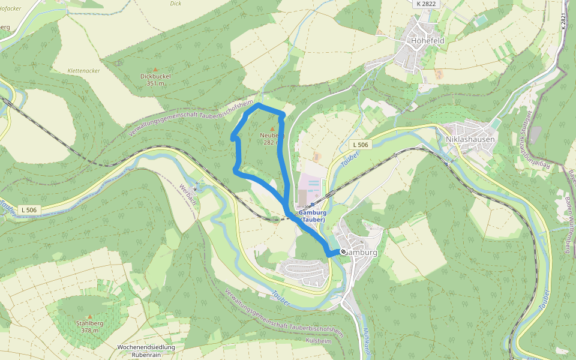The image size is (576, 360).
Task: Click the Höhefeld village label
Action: tap(428, 41)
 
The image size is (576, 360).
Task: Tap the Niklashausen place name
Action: tap(471, 139)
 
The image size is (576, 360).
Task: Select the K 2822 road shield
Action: tap(426, 4)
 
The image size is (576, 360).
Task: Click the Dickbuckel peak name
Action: tap(155, 77)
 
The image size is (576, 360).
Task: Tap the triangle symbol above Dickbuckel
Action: tap(155, 70)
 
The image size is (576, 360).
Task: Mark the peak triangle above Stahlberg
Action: tap(90, 316)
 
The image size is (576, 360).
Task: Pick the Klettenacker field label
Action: tap(84, 70)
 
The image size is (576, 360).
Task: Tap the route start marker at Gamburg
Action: tap(343, 252)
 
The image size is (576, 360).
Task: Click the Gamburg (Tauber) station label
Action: tap(311, 216)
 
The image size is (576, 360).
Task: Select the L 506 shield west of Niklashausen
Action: tap(361, 145)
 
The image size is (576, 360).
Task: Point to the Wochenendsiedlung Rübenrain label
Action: tap(146, 351)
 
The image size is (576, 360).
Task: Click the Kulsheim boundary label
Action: tap(319, 340)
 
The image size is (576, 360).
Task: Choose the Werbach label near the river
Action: tap(188, 196)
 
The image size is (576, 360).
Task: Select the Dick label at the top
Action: tap(175, 3)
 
